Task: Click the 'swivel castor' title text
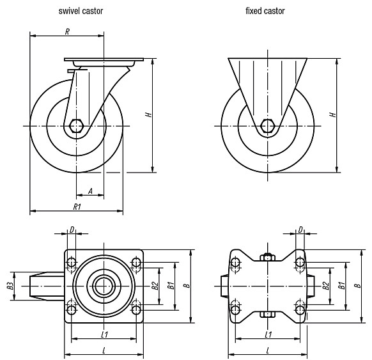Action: click(81, 11)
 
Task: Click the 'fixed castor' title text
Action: click(265, 11)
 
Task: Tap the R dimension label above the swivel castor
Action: click(67, 31)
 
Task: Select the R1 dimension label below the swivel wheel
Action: click(77, 207)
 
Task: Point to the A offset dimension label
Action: click(90, 191)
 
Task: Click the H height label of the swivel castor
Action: click(148, 114)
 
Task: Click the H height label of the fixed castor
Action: click(333, 114)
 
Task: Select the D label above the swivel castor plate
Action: click(72, 230)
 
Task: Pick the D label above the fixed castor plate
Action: click(300, 230)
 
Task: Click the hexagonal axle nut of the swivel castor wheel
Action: click(76, 126)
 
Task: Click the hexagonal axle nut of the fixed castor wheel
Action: click(268, 126)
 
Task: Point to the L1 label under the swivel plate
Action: click(105, 334)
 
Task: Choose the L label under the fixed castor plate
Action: click(268, 350)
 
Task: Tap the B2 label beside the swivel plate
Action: click(155, 286)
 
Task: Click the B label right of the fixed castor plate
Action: click(358, 286)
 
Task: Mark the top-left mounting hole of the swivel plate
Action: click(72, 262)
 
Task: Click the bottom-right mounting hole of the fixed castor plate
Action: click(300, 309)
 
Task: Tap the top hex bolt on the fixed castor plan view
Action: click(267, 257)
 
